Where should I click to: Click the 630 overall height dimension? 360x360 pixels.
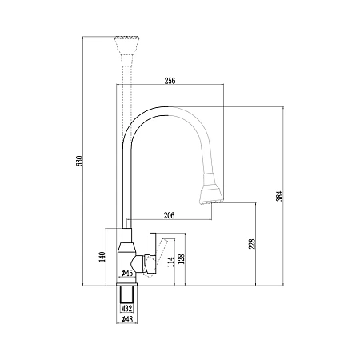pos(79,161)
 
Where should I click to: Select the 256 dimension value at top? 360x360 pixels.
pos(170,81)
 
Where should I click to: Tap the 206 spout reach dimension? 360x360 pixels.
pos(169,215)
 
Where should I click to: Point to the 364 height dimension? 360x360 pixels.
pos(280,196)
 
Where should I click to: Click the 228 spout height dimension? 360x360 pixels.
pos(252,244)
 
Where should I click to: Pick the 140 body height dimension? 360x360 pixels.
pos(102,257)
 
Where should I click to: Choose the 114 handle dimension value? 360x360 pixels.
pos(170,262)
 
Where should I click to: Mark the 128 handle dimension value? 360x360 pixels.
pos(181,258)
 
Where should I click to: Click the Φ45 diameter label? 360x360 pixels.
pos(127,273)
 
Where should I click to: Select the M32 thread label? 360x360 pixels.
pos(126,309)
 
